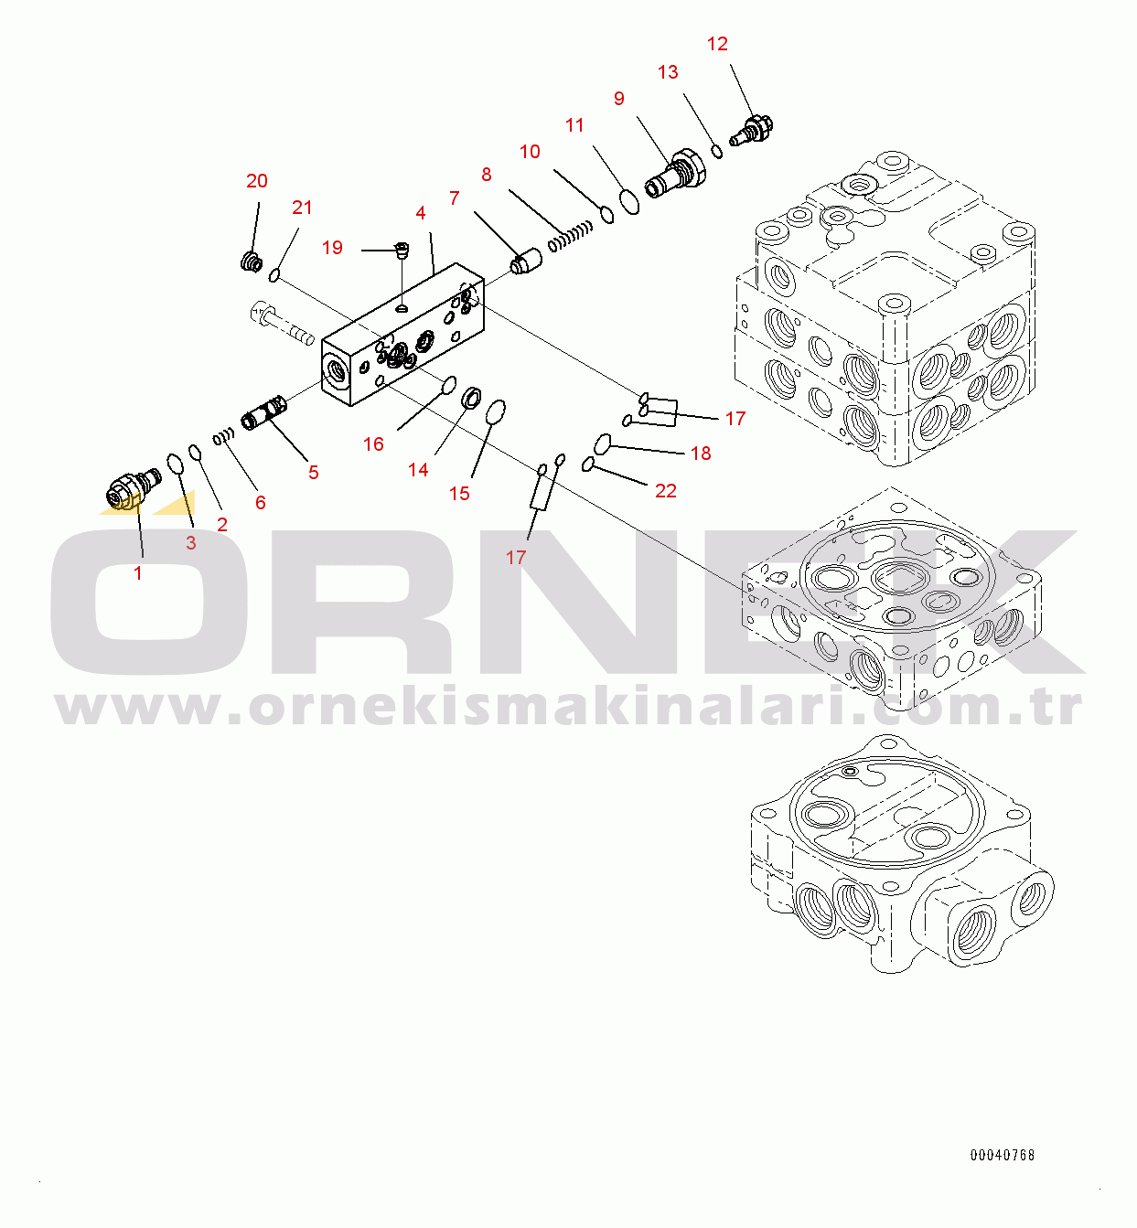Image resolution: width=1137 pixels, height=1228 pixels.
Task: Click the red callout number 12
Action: [717, 44]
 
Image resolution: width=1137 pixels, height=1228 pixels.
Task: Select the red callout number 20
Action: [257, 181]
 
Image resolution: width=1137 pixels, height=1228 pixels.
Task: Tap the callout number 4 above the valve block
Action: [421, 213]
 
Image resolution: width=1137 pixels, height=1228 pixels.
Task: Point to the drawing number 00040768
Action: [1003, 1155]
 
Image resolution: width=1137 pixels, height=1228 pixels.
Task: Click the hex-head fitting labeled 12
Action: [752, 130]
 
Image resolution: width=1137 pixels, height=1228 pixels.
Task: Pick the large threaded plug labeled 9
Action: [674, 174]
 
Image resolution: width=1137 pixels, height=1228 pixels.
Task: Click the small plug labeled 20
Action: [252, 262]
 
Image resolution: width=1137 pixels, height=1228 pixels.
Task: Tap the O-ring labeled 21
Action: [274, 274]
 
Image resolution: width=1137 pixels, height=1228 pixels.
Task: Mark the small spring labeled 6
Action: [224, 436]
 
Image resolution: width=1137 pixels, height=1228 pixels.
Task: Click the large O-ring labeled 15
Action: [496, 412]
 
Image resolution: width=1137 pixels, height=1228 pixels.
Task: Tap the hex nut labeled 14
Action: [472, 398]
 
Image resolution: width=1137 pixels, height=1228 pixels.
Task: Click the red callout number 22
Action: [666, 491]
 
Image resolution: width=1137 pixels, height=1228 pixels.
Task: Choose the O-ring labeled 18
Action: [603, 443]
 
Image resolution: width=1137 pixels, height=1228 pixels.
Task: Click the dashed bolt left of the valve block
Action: [282, 325]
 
